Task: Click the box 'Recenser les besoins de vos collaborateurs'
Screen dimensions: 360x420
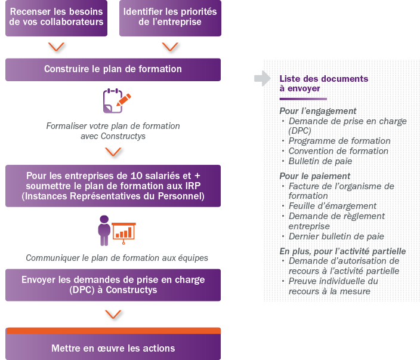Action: tap(57, 17)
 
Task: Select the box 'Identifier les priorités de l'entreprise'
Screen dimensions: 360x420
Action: tap(170, 17)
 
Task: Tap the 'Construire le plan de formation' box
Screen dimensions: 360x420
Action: tap(113, 69)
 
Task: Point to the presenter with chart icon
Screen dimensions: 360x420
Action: tap(116, 230)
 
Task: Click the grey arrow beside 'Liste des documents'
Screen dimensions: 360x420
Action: tap(262, 79)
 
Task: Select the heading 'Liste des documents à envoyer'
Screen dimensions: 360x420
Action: tap(323, 84)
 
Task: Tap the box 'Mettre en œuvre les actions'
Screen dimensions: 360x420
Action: tap(113, 348)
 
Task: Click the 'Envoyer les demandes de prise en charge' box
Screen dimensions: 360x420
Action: tap(113, 285)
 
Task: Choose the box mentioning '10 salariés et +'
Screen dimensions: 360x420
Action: tap(113, 186)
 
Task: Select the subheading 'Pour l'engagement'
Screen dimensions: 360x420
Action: tap(318, 111)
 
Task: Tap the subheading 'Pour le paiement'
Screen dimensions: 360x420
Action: tap(314, 176)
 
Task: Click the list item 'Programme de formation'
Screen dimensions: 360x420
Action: tap(339, 141)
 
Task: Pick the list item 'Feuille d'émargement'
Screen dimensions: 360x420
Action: tap(332, 206)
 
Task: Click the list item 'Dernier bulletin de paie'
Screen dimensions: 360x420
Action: tap(336, 236)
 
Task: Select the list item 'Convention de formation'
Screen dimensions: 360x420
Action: tap(338, 151)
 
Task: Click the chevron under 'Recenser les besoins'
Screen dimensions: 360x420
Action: tap(57, 47)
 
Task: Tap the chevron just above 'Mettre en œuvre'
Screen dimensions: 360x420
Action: tap(113, 315)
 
